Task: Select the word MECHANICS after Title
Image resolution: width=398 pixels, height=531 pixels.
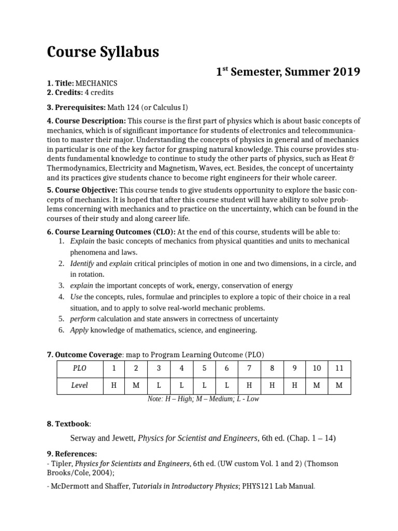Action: click(96, 83)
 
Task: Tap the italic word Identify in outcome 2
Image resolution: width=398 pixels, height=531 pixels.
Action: click(82, 263)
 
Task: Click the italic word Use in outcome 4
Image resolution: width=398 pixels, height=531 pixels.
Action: click(76, 297)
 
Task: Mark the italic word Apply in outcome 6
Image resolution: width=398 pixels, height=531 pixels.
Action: click(79, 330)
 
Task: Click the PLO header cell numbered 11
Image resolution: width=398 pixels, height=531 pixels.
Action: click(339, 369)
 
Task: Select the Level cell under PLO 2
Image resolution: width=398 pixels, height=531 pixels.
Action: click(136, 385)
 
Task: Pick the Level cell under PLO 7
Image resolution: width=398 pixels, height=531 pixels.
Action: click(249, 385)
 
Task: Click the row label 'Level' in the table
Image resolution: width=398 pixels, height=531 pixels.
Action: click(79, 385)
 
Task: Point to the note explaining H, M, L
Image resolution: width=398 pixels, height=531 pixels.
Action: click(203, 399)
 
